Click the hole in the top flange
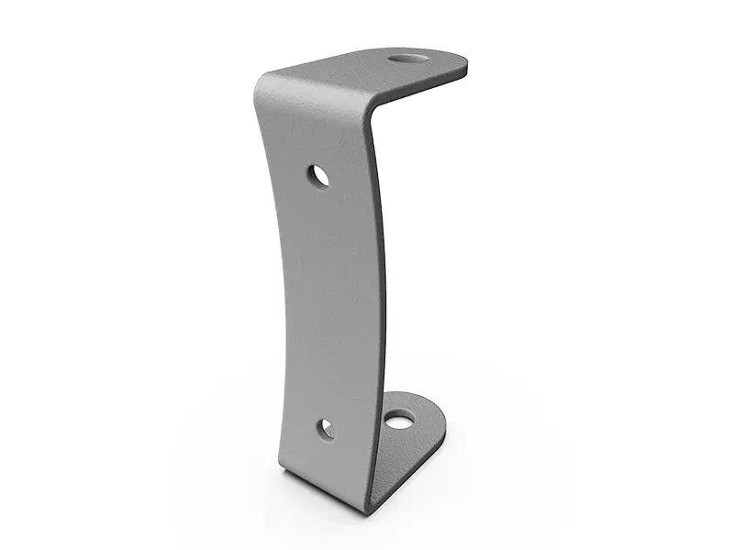[407, 60]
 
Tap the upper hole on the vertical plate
[318, 175]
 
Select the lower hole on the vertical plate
[325, 427]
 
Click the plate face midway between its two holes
[330, 302]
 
